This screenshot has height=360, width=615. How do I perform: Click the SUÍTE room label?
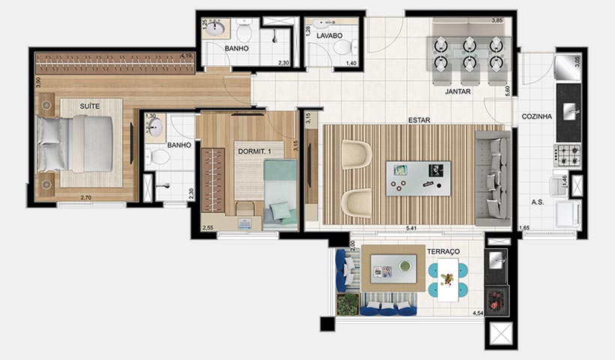pos(90,106)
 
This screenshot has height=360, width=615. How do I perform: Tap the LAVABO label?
pos(329,35)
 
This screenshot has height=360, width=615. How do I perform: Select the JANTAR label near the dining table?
pos(457,91)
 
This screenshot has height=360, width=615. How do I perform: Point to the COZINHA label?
pos(537,116)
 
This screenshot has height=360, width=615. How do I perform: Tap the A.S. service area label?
pos(538,202)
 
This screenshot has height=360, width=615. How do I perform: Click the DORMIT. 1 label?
pos(255,152)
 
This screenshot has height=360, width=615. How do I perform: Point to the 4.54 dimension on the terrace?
pos(477,313)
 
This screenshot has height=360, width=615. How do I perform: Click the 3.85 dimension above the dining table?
pos(496,20)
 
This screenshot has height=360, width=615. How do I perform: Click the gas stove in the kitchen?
pos(568,154)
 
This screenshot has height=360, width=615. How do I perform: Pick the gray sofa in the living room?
pos(493,178)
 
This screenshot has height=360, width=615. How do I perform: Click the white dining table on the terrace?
pos(448,280)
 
